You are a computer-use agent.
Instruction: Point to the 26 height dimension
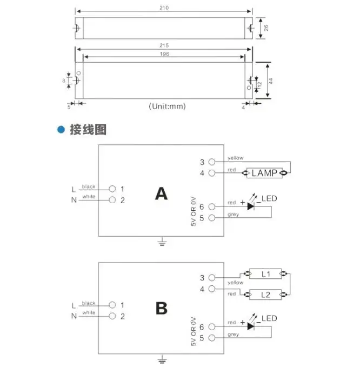[265, 28]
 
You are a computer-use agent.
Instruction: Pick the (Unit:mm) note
[167, 106]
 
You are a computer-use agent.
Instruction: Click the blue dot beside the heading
[61, 130]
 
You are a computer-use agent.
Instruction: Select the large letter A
[161, 193]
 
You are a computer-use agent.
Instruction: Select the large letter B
[161, 309]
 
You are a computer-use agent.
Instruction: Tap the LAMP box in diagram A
[264, 173]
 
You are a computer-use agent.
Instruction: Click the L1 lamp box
[265, 274]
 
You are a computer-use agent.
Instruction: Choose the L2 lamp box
[265, 295]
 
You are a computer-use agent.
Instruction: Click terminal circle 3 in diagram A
[212, 162]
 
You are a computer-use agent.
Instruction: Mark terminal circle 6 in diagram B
[212, 327]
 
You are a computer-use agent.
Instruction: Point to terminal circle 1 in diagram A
[112, 189]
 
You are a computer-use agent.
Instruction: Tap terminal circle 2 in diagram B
[112, 315]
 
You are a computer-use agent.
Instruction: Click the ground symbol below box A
[161, 242]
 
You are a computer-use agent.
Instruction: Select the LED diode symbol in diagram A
[251, 205]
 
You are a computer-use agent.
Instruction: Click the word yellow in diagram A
[236, 158]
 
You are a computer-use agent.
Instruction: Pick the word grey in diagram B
[233, 335]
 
